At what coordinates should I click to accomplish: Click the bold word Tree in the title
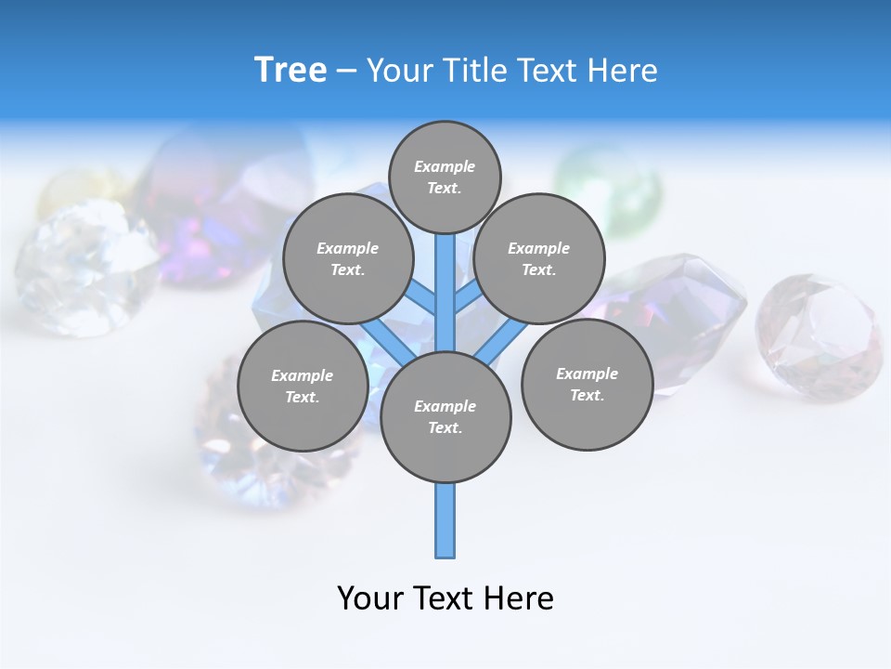tap(291, 71)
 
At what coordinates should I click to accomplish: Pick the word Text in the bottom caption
tap(445, 598)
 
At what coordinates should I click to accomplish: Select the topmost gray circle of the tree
tap(445, 177)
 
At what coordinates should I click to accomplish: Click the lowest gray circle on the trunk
tap(445, 417)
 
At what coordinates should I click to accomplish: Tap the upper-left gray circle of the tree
tap(347, 258)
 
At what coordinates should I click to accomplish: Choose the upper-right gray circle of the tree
tap(538, 258)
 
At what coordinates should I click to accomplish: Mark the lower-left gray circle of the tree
tap(302, 386)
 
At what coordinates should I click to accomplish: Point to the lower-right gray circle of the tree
tap(587, 384)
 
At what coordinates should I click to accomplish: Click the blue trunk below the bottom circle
tap(445, 520)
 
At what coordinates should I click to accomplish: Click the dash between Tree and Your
tap(347, 71)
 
